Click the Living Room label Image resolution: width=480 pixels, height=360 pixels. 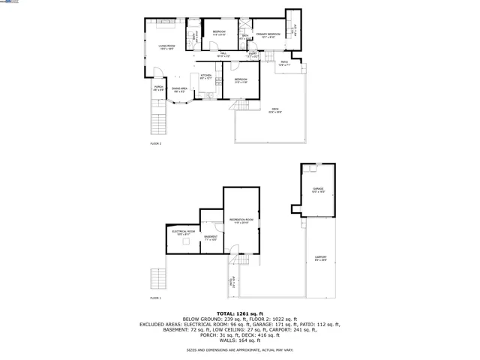pyautogui.click(x=166, y=47)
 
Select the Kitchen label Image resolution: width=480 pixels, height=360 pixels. pyautogui.click(x=205, y=76)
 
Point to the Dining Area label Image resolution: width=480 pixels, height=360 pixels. pyautogui.click(x=179, y=89)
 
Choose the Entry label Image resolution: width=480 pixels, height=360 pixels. pyautogui.click(x=253, y=54)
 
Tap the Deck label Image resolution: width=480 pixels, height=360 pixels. pyautogui.click(x=275, y=110)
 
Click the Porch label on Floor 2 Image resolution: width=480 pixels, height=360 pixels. pyautogui.click(x=158, y=88)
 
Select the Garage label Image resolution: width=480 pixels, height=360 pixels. pyautogui.click(x=318, y=189)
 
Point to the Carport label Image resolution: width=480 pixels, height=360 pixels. pyautogui.click(x=320, y=259)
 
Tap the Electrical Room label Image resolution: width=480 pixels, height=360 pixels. pyautogui.click(x=184, y=232)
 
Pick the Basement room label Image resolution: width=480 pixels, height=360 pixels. pyautogui.click(x=210, y=237)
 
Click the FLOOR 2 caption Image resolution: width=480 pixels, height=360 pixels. pyautogui.click(x=155, y=144)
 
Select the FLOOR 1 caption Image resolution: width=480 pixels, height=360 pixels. pyautogui.click(x=155, y=298)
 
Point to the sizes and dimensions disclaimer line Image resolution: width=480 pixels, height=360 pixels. pyautogui.click(x=239, y=350)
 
